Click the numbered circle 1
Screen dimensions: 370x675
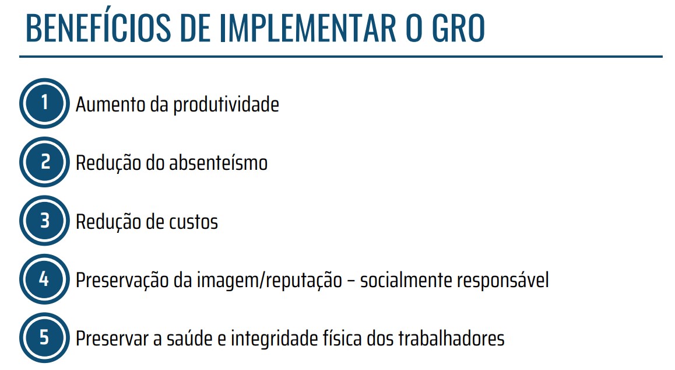pyautogui.click(x=44, y=103)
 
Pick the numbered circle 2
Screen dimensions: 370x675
pyautogui.click(x=44, y=162)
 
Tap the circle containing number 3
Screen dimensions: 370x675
pyautogui.click(x=44, y=221)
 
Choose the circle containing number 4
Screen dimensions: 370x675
pyautogui.click(x=44, y=280)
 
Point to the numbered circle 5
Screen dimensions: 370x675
pyautogui.click(x=44, y=338)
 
